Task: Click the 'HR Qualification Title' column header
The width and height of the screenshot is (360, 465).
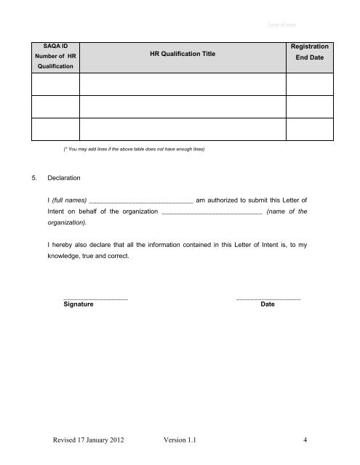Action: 183,54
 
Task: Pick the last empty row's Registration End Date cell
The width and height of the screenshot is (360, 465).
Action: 308,130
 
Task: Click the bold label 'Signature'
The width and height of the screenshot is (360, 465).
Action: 79,304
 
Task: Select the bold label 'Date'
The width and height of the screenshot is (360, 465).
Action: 267,304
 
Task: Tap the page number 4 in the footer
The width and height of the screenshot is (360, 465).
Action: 308,440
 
